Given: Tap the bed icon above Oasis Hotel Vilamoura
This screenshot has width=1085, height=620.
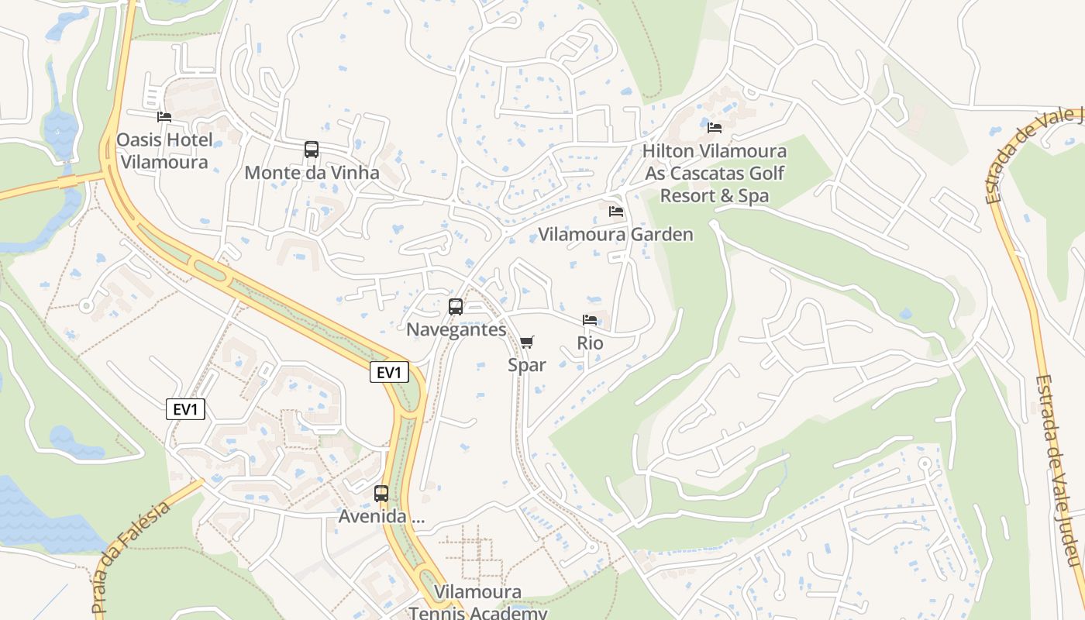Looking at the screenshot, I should (x=164, y=117).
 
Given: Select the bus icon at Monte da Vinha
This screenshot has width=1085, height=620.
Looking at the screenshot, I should (x=312, y=150).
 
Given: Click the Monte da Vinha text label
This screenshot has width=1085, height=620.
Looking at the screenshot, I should (x=312, y=173).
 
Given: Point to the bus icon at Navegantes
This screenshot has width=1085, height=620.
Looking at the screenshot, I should (x=456, y=306).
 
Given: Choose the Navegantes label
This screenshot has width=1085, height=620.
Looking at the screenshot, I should (x=456, y=329).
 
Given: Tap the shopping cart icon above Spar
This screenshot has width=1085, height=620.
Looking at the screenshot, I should (x=527, y=342).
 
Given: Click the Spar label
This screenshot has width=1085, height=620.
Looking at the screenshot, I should (x=527, y=365).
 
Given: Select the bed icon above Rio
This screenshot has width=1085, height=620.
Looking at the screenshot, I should (x=590, y=319).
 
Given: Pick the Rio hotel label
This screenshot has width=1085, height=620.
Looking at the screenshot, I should (x=590, y=343).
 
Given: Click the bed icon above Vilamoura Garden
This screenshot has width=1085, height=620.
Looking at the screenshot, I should (x=616, y=211).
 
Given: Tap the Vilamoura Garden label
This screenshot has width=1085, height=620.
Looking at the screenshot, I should (x=616, y=234).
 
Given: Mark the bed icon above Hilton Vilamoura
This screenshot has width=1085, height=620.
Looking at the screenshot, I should (x=715, y=127).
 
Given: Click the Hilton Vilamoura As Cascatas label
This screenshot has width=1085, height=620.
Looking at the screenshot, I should (x=715, y=173).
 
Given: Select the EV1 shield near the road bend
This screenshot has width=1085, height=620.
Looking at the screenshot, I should (x=388, y=372).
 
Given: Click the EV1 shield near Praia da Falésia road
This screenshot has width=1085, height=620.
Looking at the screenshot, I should (x=186, y=409).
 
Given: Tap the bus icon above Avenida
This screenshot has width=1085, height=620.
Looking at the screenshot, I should (x=381, y=493).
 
